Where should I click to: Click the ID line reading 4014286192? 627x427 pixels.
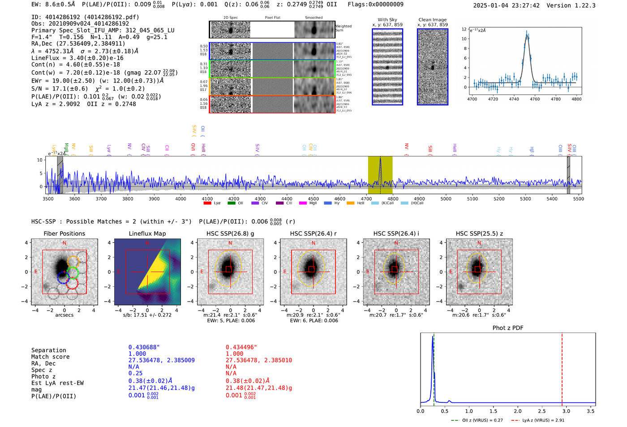tap(85, 17)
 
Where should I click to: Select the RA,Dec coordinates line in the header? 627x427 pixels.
tap(78, 43)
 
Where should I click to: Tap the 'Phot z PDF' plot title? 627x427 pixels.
tap(508, 328)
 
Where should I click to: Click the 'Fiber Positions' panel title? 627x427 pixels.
tap(64, 233)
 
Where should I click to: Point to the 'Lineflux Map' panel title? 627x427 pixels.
tap(147, 233)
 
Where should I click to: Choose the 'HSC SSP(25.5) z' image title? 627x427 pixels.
tap(479, 233)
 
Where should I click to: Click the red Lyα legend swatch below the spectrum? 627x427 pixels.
tap(207, 203)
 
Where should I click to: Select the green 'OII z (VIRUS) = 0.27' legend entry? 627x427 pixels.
tap(477, 420)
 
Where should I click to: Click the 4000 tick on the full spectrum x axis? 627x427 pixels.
tap(180, 199)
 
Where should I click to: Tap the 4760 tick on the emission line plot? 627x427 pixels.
tap(535, 99)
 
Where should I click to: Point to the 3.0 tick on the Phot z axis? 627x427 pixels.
tap(566, 411)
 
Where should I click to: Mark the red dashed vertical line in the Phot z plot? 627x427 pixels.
tap(562, 367)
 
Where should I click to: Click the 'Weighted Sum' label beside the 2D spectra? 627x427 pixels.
tap(344, 28)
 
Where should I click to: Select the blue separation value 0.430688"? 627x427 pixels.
tap(144, 347)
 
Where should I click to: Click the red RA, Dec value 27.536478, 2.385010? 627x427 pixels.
tap(258, 360)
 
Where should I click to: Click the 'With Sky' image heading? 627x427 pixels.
tap(387, 20)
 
